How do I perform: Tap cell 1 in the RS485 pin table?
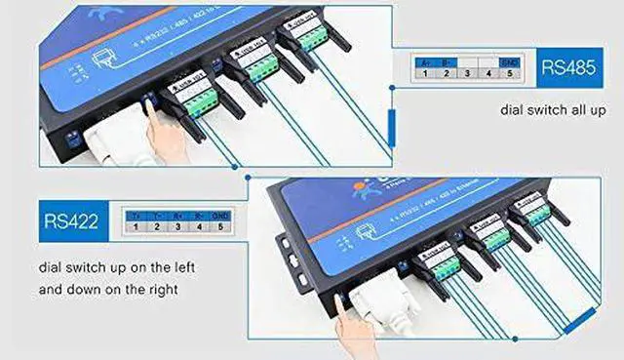point(425,72)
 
